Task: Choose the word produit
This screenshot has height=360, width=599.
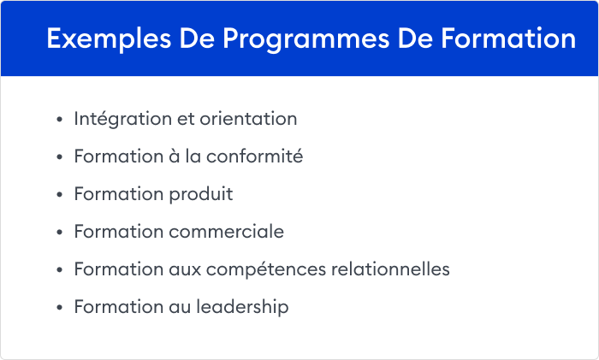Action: coord(203,194)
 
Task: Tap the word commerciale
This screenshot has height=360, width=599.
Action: coord(227,232)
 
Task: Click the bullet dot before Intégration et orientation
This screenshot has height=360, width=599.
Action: coord(58,120)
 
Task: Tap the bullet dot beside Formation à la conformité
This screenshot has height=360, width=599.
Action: coord(58,157)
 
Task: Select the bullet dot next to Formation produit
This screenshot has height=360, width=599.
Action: coord(58,195)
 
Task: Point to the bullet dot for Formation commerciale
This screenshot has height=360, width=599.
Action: coord(58,233)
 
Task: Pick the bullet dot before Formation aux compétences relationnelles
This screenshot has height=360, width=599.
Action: coord(58,270)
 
